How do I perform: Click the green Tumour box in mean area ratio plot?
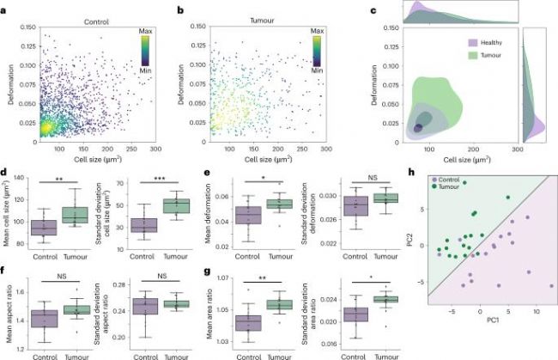(x=272, y=304)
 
